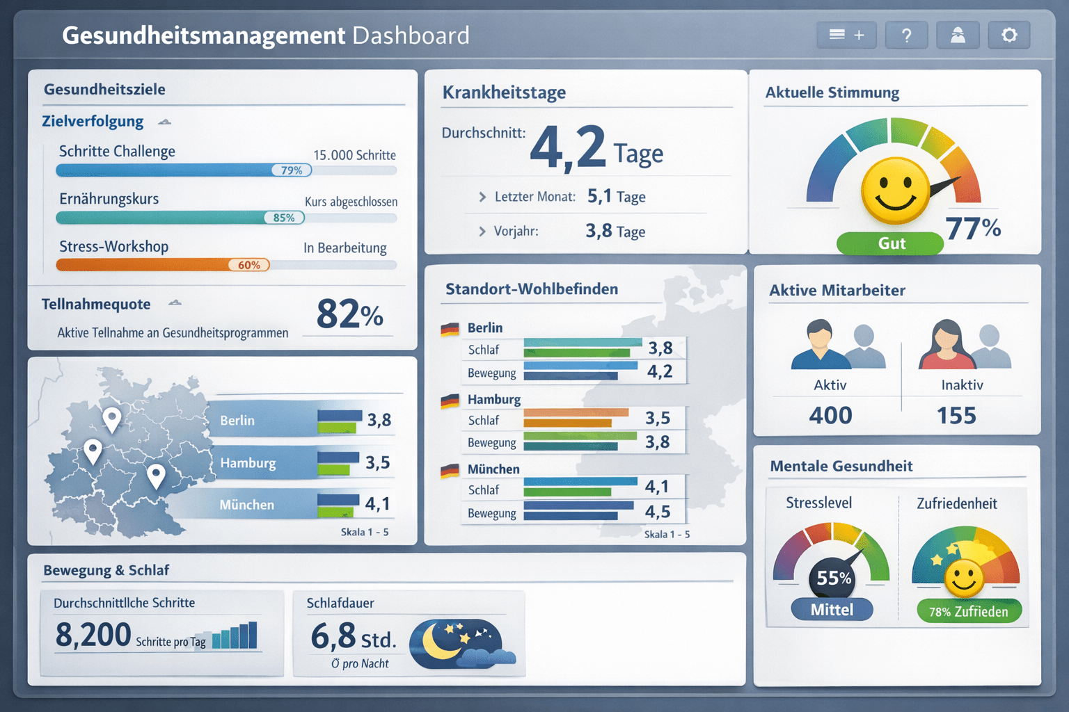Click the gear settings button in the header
(1008, 35)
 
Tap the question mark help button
(906, 35)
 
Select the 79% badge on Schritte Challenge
(292, 170)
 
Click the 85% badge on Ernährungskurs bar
(284, 218)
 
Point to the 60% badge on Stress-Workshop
(249, 265)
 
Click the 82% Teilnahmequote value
(349, 314)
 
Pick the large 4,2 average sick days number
(568, 147)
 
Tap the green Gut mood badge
(890, 243)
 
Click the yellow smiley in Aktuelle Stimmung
(895, 191)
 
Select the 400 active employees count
(830, 415)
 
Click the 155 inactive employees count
(956, 415)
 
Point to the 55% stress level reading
(834, 578)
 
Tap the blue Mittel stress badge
(832, 610)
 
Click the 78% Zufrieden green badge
(968, 611)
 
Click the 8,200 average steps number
(93, 635)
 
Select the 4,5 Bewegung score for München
(658, 512)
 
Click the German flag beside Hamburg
(450, 400)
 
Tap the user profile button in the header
(958, 35)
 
